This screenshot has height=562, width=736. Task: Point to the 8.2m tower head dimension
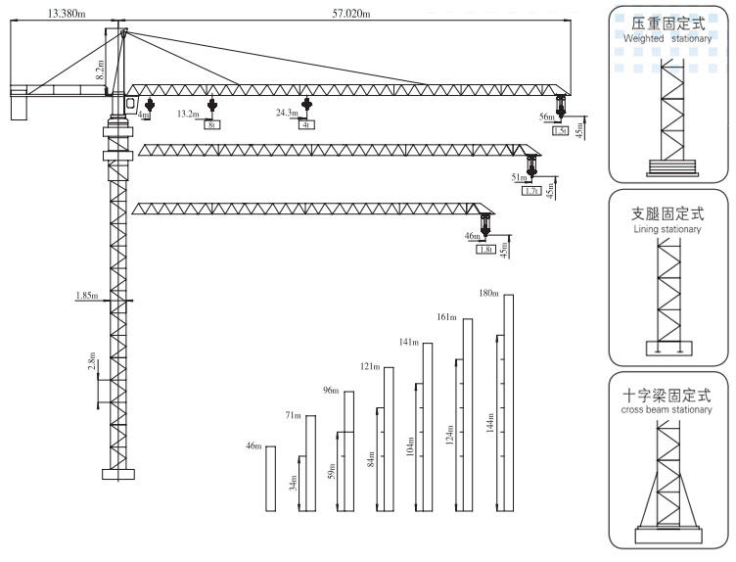tap(99, 68)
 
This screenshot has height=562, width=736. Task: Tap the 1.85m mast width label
tap(86, 295)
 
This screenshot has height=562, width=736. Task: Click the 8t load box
tap(211, 125)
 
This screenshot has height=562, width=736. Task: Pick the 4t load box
tap(306, 125)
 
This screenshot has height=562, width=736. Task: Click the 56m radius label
tap(546, 117)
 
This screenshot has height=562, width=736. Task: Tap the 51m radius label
tap(518, 178)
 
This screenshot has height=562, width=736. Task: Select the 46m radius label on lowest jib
tap(473, 237)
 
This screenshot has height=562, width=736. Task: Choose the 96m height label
tap(331, 391)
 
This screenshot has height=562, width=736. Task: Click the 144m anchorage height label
tap(490, 423)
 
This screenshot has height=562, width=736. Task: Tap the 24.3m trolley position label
tap(287, 114)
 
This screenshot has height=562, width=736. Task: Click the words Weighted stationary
tap(669, 37)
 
